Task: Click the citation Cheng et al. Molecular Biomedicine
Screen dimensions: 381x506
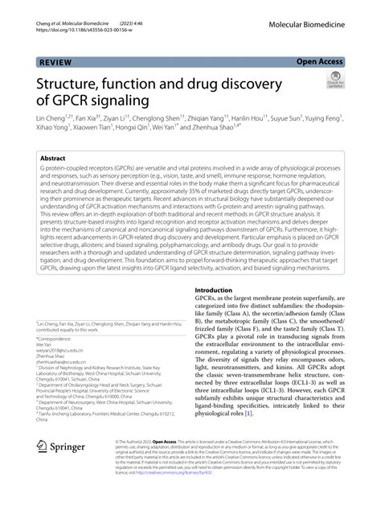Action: pos(56,7)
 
